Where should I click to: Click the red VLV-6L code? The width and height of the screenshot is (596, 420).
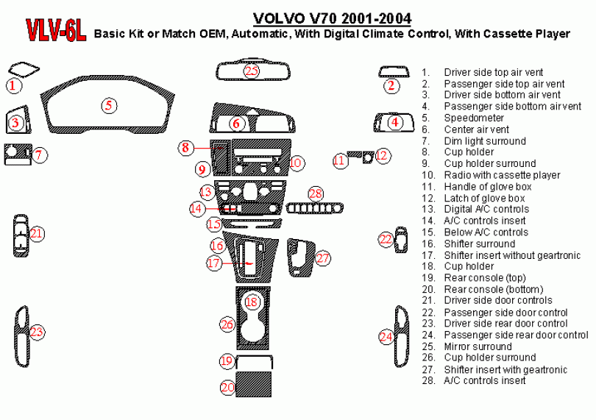tap(56, 29)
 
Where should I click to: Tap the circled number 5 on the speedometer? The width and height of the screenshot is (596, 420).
tap(109, 105)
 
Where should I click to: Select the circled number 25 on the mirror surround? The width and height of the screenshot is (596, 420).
tap(252, 71)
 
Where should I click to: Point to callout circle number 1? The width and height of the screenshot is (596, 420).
tap(13, 85)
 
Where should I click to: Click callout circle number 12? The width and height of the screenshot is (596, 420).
tap(382, 155)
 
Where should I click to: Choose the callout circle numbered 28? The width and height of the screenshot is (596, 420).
tap(316, 193)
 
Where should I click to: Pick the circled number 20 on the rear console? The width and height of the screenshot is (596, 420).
tap(228, 386)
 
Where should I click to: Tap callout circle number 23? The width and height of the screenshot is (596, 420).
tap(37, 332)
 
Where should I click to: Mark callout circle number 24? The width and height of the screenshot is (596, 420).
tap(386, 336)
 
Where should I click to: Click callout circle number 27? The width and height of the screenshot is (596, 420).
tap(323, 257)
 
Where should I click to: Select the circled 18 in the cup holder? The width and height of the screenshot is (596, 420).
tap(252, 302)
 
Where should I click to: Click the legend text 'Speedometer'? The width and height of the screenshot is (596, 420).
tap(474, 118)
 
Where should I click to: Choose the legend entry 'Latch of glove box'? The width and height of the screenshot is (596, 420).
tap(484, 198)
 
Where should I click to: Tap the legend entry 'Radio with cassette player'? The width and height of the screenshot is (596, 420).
tap(502, 175)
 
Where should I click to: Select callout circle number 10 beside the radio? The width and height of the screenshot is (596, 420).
tap(296, 162)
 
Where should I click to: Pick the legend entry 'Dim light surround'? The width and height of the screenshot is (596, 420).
tap(484, 140)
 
